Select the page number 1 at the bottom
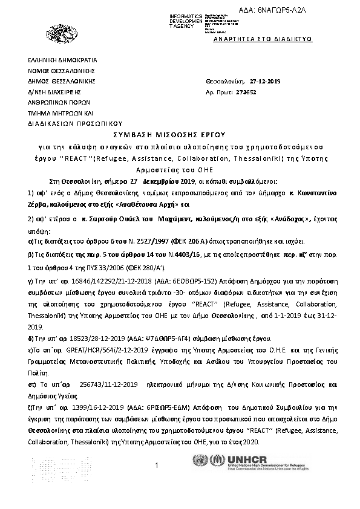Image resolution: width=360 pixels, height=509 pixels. coord(157,465)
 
